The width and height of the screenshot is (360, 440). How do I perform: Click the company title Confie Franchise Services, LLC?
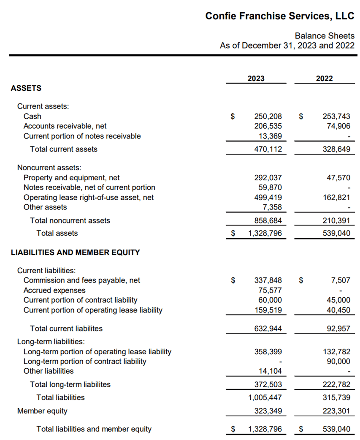[280, 16]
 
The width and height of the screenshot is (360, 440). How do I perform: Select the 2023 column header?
[256, 79]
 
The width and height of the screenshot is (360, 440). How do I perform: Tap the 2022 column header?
[324, 79]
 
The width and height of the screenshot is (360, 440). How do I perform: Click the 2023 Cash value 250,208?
[268, 116]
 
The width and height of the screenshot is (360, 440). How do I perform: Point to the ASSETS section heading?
[26, 88]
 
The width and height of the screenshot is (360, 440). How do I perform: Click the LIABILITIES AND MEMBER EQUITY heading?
[75, 253]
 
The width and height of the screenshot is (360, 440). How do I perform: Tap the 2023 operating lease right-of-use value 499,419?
[268, 197]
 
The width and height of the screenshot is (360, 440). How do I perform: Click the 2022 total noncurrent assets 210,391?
[336, 220]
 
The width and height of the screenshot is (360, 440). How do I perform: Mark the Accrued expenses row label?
[54, 291]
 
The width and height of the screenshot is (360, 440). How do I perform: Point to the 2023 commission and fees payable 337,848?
[268, 280]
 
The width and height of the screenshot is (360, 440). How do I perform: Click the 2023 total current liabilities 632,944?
[268, 329]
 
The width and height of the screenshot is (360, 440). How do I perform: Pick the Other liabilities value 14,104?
[270, 371]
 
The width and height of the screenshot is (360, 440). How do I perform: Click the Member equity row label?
[42, 411]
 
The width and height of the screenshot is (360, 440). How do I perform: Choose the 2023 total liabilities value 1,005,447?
[265, 397]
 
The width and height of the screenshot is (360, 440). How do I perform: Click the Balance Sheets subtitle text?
[325, 36]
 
